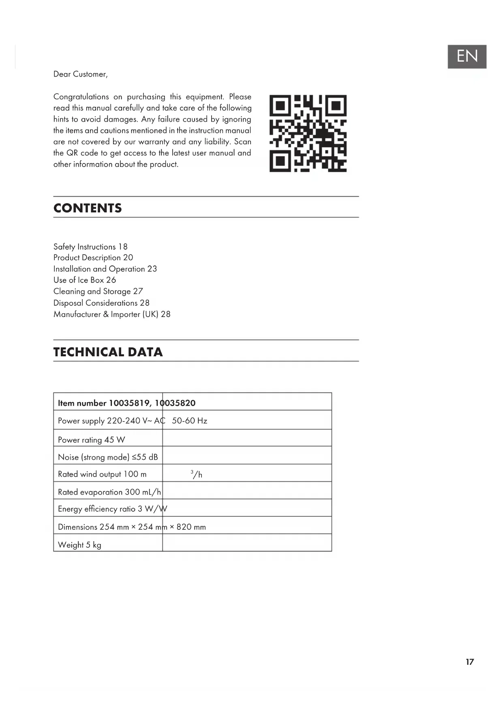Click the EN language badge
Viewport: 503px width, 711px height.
467,56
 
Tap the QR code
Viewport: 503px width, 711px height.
308,133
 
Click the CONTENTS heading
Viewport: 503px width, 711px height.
88,208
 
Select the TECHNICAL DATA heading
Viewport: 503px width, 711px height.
108,352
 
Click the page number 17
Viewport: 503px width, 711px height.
470,662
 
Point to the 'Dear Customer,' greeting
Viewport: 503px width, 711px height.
81,74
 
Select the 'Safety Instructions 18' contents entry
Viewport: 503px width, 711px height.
90,246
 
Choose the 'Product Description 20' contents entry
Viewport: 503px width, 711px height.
93,257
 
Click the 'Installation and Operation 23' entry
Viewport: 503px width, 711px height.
105,269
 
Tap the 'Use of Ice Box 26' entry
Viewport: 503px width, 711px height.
85,280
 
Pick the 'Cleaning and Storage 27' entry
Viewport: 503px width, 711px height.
98,291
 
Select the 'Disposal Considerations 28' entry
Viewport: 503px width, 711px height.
101,303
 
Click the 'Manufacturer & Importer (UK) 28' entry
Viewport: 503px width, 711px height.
112,314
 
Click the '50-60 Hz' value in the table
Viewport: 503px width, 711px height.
189,421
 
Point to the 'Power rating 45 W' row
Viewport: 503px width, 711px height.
92,440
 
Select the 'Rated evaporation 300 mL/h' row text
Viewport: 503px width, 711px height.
109,492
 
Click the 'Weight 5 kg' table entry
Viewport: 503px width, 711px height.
79,545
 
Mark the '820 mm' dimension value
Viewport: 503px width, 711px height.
191,527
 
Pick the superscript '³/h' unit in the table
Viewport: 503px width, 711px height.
197,474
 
